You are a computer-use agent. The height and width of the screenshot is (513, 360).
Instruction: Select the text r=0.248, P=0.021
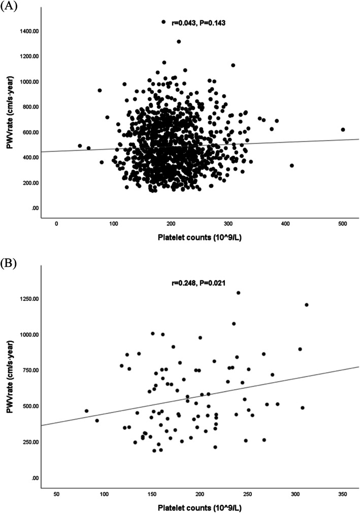point(198,282)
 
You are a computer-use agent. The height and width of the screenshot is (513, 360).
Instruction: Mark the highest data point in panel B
point(238,293)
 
